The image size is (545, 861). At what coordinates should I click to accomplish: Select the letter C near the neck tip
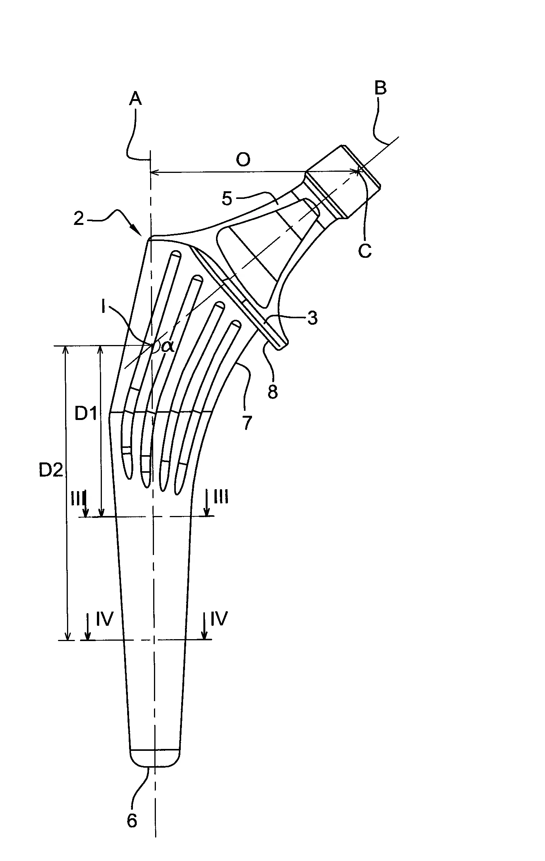click(365, 251)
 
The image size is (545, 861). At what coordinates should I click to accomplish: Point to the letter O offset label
click(243, 160)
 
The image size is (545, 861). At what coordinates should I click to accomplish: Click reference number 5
click(227, 199)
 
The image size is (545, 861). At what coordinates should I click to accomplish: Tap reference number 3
click(313, 318)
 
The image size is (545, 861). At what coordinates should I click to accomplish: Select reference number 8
click(272, 392)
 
